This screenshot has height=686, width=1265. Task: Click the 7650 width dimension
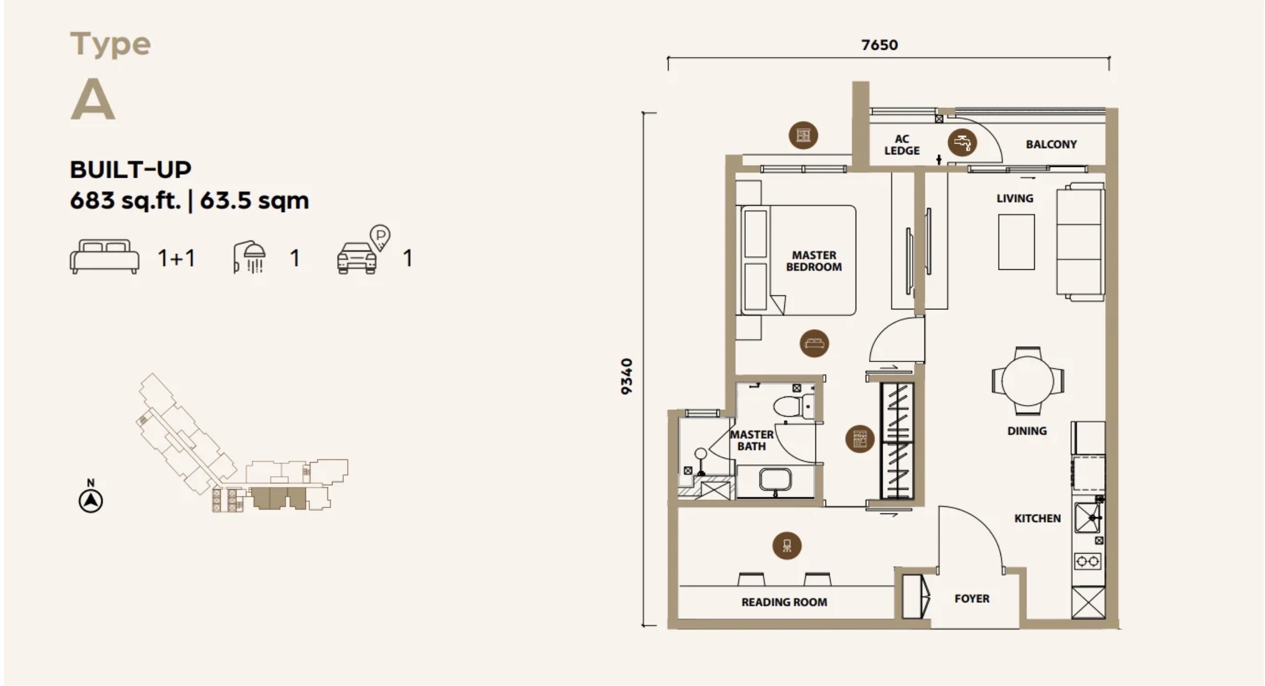[879, 45]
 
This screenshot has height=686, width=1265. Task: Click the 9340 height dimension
[627, 376]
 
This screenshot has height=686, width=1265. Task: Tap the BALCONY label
[1051, 144]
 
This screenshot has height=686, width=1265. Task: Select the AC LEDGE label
[902, 145]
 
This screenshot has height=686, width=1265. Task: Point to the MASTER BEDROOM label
[814, 261]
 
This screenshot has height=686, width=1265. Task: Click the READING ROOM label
[784, 602]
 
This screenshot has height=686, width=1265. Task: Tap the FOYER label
[972, 598]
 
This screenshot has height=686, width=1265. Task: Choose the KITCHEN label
[1037, 518]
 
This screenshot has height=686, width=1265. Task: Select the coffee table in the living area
[1016, 242]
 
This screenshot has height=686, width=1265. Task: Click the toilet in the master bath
[793, 406]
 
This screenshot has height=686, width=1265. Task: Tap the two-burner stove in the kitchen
[1087, 561]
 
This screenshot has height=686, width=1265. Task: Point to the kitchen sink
[1087, 517]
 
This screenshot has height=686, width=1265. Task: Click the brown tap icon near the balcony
[962, 141]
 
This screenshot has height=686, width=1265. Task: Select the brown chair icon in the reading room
[787, 546]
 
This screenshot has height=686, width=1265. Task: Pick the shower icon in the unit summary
[249, 258]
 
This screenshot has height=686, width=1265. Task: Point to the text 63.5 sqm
[254, 200]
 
